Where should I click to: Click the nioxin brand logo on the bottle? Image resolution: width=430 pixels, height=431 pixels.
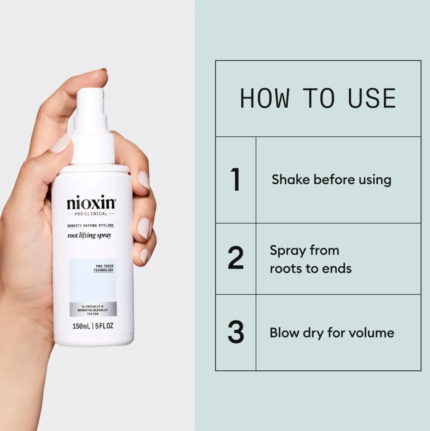point(91,203)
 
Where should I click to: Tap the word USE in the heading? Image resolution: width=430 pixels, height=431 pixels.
point(372,99)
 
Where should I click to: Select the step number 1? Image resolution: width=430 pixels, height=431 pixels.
point(235,180)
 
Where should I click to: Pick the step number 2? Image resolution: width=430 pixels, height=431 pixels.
point(235,259)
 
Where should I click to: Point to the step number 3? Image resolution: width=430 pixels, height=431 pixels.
point(235,332)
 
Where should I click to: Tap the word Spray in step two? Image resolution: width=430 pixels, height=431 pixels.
point(287,251)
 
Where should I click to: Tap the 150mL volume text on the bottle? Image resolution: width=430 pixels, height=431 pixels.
point(81,326)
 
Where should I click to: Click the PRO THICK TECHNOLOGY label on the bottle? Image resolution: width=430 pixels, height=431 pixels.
point(103,268)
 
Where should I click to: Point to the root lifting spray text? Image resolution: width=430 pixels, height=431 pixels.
point(89,236)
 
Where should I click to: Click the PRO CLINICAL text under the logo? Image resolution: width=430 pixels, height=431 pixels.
point(91,214)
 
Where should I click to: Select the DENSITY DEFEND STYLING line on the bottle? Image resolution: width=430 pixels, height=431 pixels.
point(90,226)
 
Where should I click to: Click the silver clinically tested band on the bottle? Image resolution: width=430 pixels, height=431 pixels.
point(93,310)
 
